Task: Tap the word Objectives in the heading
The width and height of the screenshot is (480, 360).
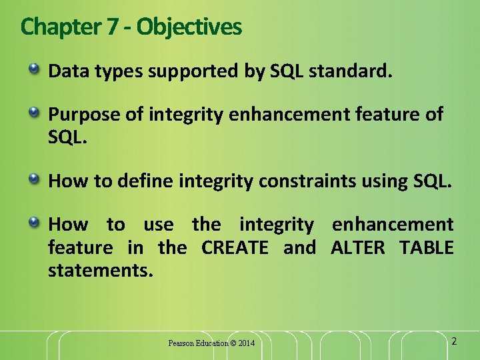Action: coord(189,27)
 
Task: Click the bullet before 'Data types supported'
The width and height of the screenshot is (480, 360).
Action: coord(34,69)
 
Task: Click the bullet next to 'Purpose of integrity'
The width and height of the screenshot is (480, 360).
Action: coord(34,113)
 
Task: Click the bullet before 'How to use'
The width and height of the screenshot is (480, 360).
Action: coord(34,223)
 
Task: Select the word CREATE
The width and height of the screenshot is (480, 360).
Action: coord(235,248)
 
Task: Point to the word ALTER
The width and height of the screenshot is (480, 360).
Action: coord(358,248)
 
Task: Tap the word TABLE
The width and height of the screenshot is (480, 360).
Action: coord(427,248)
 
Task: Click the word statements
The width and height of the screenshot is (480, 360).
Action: coord(100,271)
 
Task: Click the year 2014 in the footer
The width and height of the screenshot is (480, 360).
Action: coord(246,343)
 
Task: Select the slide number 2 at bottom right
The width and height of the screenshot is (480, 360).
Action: coord(454,341)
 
